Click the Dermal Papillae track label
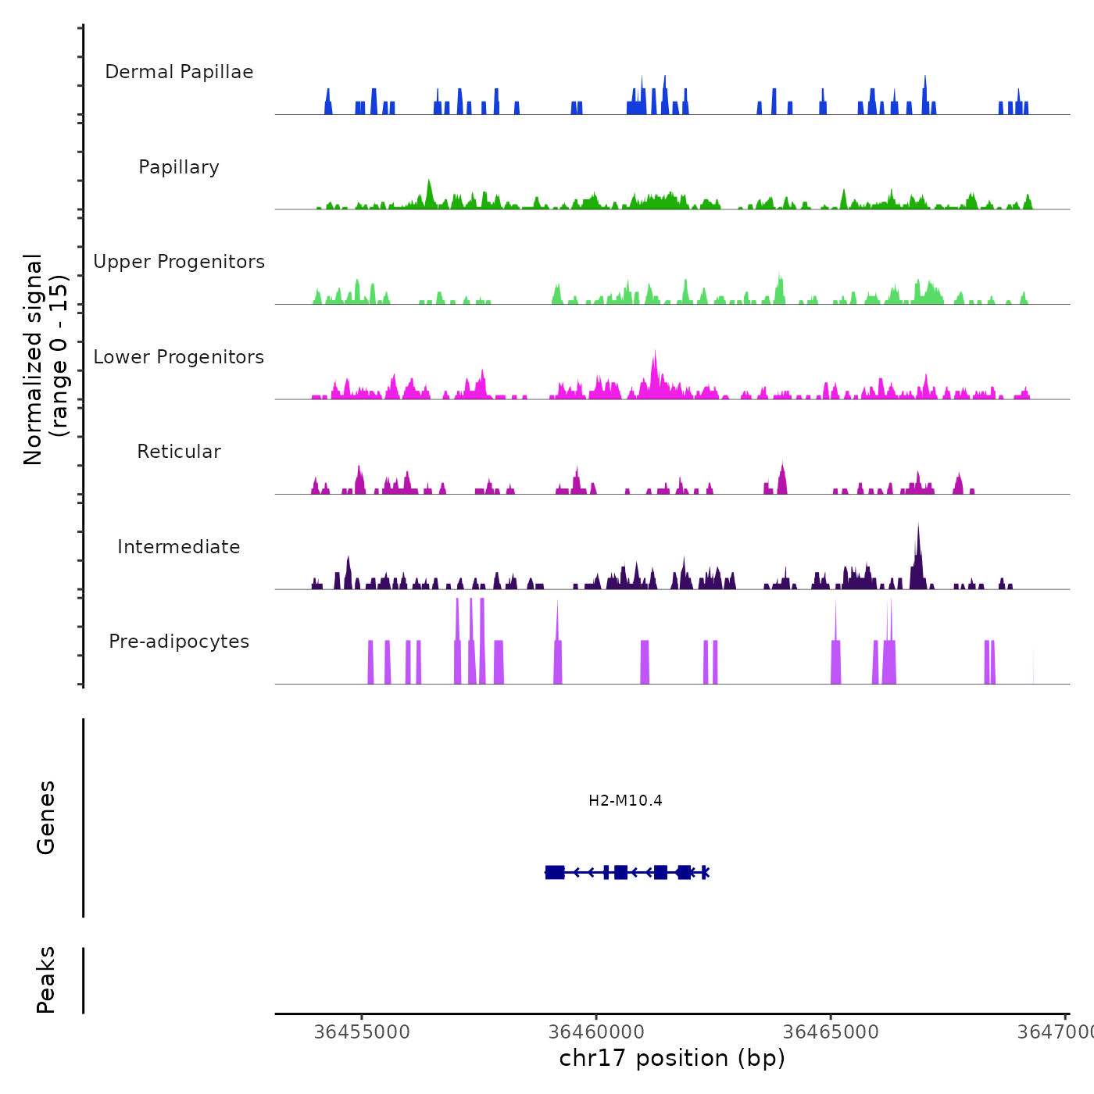point(179,72)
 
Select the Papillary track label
point(179,167)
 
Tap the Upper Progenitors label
point(179,262)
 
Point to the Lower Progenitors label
point(179,357)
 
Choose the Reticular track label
point(179,452)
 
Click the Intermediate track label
point(179,547)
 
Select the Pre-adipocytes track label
point(179,642)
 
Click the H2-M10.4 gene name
point(625,800)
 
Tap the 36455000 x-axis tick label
point(362,1031)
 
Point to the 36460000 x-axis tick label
point(596,1031)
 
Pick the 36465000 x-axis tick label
point(831,1031)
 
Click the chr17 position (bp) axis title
point(672,1058)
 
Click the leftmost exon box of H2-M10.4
point(555,872)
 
